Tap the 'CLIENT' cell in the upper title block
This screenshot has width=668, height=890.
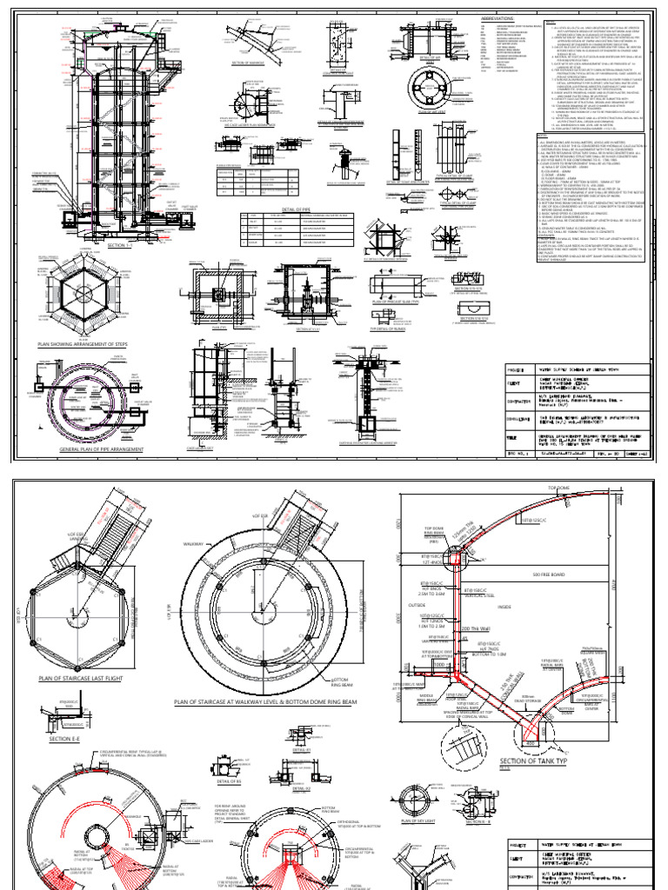513,380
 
